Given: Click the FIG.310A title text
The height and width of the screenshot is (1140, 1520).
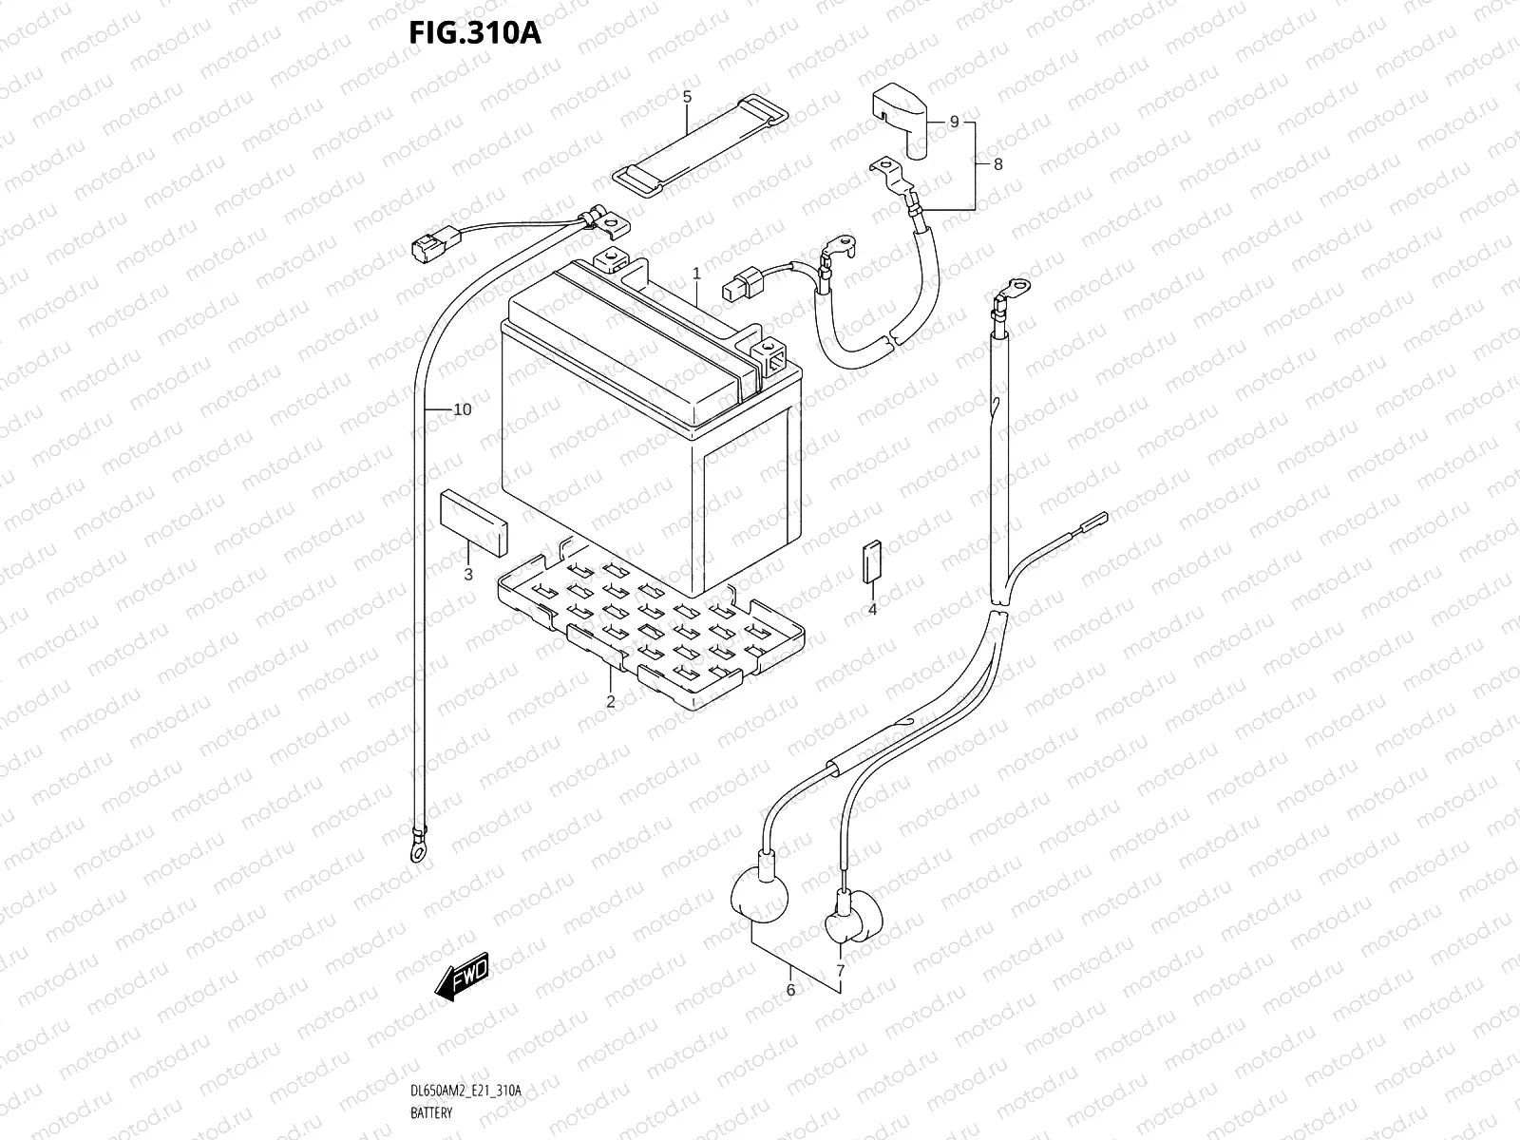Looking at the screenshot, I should pyautogui.click(x=474, y=35).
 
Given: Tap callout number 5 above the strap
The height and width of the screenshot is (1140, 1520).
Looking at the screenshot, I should pyautogui.click(x=687, y=97).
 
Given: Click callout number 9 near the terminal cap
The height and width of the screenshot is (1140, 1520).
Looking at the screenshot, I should pyautogui.click(x=954, y=122).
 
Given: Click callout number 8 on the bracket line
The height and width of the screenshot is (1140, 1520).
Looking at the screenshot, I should pyautogui.click(x=997, y=163).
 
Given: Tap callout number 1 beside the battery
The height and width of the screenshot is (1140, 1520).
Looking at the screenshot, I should pyautogui.click(x=696, y=273).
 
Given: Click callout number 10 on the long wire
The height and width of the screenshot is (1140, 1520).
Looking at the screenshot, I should pyautogui.click(x=462, y=410).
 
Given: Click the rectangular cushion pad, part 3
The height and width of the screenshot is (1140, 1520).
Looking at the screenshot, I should pyautogui.click(x=472, y=522).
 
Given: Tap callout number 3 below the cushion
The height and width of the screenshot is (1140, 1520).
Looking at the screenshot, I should pyautogui.click(x=467, y=574).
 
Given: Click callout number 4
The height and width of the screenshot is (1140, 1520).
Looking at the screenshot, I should pyautogui.click(x=872, y=609).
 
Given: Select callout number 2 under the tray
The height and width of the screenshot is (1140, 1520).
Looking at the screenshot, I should pyautogui.click(x=610, y=702).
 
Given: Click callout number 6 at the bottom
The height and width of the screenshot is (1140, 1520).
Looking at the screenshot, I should pyautogui.click(x=790, y=990).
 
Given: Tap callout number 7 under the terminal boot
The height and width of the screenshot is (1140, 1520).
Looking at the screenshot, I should pyautogui.click(x=840, y=970).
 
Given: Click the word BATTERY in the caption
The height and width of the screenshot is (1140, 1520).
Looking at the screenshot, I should pyautogui.click(x=431, y=1112).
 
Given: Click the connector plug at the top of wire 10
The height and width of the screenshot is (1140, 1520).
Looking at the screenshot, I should pyautogui.click(x=422, y=248).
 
